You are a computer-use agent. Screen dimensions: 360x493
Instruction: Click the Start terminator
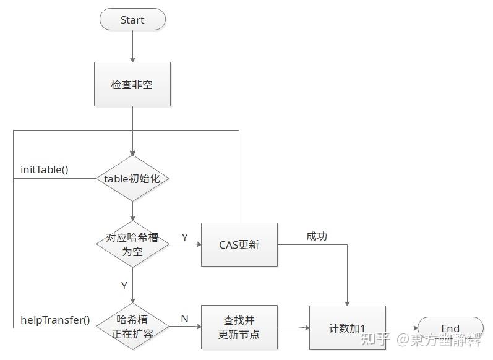pos(132,20)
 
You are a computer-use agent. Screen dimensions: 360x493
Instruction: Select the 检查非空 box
pos(132,84)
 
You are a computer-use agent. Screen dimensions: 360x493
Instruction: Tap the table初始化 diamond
pos(132,178)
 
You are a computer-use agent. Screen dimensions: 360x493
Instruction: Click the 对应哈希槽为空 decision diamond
pos(132,244)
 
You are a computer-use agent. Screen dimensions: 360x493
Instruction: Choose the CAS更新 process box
pos(239,244)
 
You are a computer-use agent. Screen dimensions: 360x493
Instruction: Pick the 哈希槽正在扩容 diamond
pos(132,327)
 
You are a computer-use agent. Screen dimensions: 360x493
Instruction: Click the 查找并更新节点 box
pos(239,327)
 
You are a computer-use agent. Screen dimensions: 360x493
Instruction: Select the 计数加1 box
pos(347,328)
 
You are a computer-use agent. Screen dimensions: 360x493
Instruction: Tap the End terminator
pos(450,328)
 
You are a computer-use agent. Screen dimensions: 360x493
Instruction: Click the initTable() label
pos(45,169)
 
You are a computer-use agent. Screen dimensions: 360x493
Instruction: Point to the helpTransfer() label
pos(55,320)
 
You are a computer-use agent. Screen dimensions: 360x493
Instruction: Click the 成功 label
pos(316,236)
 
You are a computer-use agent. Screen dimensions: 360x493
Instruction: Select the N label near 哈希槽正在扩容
pos(184,319)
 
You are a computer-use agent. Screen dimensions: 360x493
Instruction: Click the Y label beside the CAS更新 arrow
pos(184,237)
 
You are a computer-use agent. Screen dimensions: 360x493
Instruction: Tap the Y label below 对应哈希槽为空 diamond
pos(124,286)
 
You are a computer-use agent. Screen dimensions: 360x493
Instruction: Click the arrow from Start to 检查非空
pos(132,46)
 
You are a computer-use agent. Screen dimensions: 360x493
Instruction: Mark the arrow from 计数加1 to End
pos(402,328)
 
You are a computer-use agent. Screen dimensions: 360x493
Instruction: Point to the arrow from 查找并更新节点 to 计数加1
pos(293,327)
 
